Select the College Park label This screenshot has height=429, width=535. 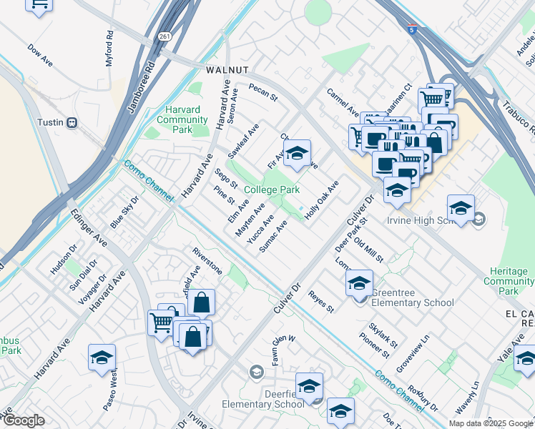271,189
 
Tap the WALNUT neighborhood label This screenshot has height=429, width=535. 227,70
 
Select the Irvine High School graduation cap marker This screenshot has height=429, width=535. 461,209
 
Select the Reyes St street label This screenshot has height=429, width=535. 321,302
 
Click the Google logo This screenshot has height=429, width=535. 24,420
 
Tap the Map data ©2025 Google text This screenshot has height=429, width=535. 490,423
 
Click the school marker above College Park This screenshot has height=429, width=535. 297,153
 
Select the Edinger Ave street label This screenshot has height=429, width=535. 89,229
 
